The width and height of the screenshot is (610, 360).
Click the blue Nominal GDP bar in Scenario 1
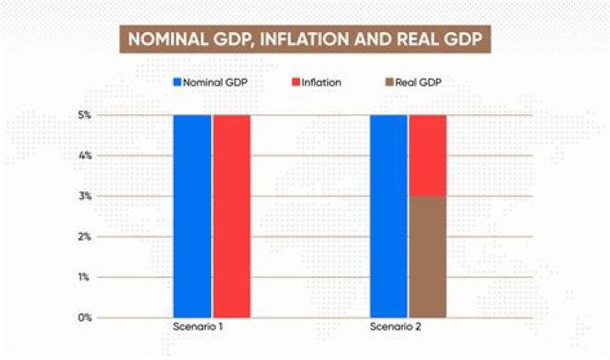(192, 216)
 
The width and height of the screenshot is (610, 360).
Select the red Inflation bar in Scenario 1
(231, 216)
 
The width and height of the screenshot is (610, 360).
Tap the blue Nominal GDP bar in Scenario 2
(389, 216)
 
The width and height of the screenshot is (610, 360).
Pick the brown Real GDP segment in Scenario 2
(428, 257)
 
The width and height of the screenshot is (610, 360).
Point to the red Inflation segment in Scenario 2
(428, 155)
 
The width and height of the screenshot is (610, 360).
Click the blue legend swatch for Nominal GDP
(178, 82)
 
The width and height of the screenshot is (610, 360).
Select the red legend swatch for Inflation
(297, 82)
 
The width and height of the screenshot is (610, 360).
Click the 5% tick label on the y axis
(85, 115)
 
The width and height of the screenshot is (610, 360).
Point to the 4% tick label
(85, 156)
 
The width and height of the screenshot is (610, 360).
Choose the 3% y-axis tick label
(85, 197)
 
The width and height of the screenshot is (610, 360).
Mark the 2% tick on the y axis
(85, 237)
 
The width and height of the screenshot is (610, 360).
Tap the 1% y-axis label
(85, 277)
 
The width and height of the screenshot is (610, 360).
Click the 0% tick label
(85, 318)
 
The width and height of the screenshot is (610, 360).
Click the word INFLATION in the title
(324, 40)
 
